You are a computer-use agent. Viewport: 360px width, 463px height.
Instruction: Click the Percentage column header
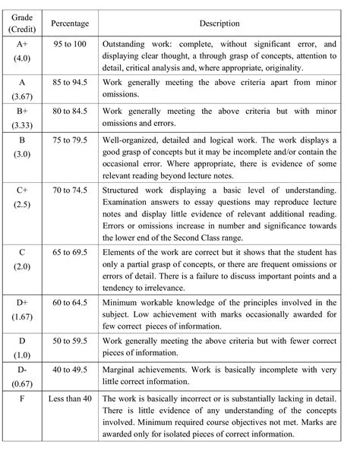coord(69,24)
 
